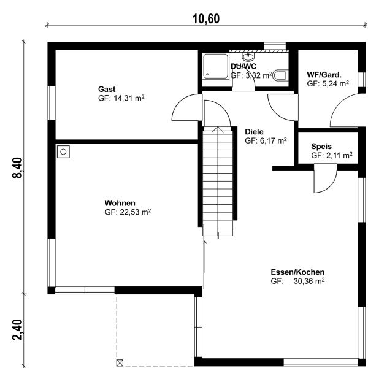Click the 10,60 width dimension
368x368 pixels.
pyautogui.click(x=206, y=19)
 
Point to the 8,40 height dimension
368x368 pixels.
pyautogui.click(x=18, y=168)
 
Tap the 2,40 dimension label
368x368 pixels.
pyautogui.click(x=18, y=330)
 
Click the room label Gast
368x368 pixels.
pyautogui.click(x=107, y=89)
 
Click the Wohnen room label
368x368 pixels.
pyautogui.click(x=120, y=203)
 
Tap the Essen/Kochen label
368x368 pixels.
pyautogui.click(x=297, y=272)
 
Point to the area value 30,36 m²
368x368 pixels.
pyautogui.click(x=309, y=281)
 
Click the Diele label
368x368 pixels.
pyautogui.click(x=254, y=132)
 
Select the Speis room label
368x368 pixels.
pyautogui.click(x=321, y=147)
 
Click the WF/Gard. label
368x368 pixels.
pyautogui.click(x=324, y=75)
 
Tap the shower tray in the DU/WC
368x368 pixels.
pyautogui.click(x=216, y=66)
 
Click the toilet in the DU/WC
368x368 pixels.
pyautogui.click(x=280, y=75)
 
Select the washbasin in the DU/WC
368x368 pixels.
pyautogui.click(x=248, y=56)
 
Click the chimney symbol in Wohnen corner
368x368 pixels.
pyautogui.click(x=63, y=152)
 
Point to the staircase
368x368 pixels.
pyautogui.click(x=218, y=181)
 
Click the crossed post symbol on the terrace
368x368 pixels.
pyautogui.click(x=120, y=363)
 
